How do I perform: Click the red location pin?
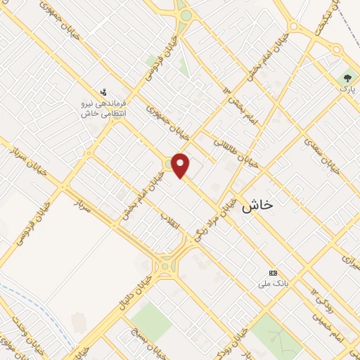[x=181, y=165]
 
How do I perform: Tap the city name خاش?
[x=257, y=206]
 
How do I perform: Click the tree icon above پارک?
[x=347, y=79]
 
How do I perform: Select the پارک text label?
[x=346, y=90]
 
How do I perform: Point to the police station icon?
[x=104, y=91]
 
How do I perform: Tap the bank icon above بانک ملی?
[x=274, y=273]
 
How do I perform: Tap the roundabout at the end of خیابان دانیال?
[x=165, y=266]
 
